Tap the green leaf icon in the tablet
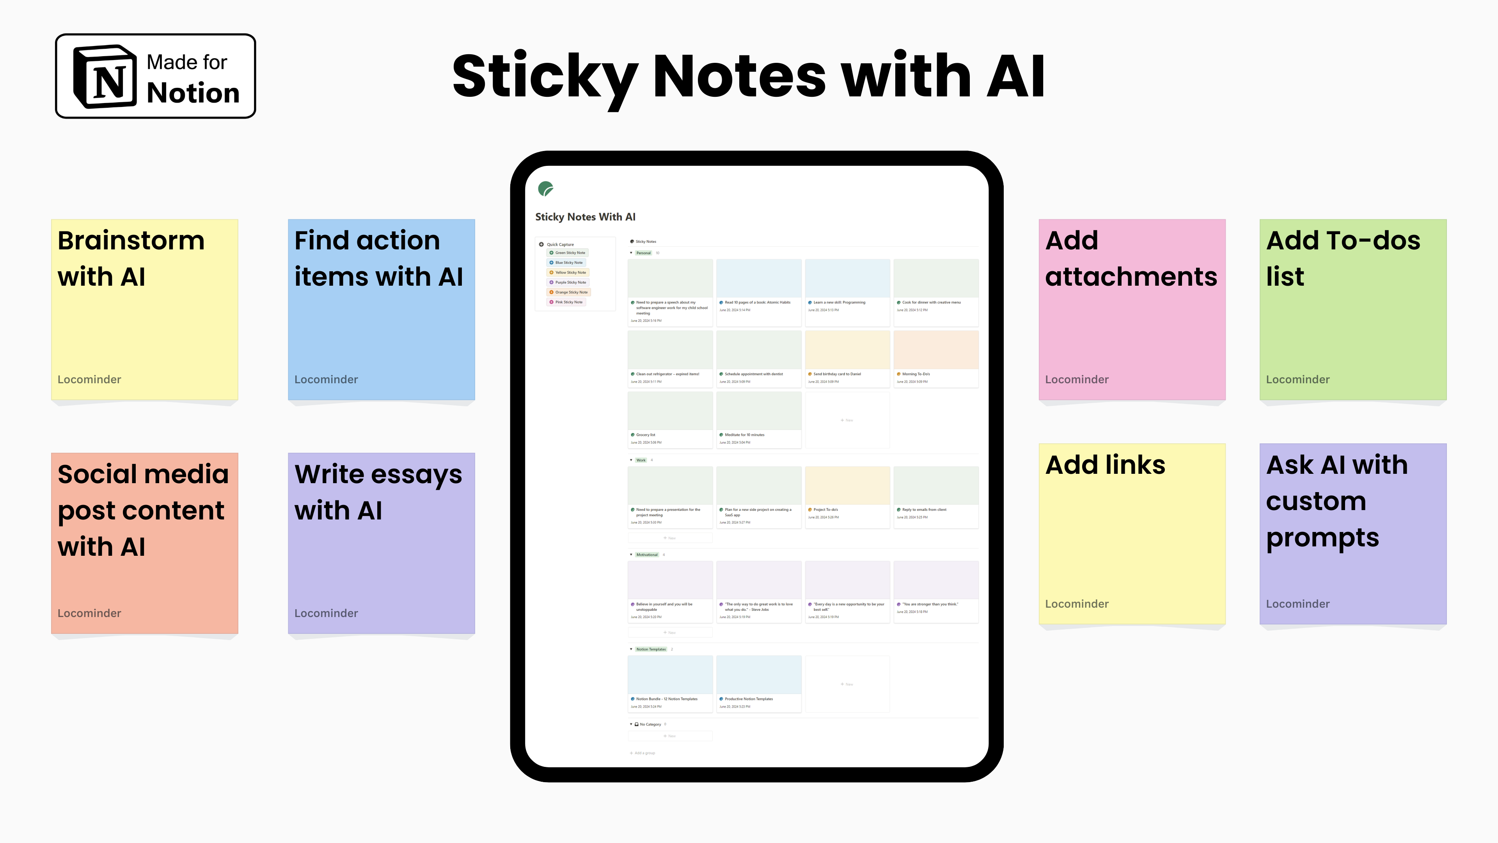click(x=545, y=189)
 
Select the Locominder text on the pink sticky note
click(x=1076, y=379)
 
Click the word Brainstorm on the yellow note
click(x=131, y=241)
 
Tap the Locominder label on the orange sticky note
click(x=89, y=613)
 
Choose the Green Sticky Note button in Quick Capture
click(x=568, y=253)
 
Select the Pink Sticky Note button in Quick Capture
click(x=567, y=302)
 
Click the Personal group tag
click(x=643, y=253)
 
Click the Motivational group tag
click(x=647, y=555)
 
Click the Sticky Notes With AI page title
click(x=585, y=217)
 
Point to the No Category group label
click(x=650, y=724)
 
